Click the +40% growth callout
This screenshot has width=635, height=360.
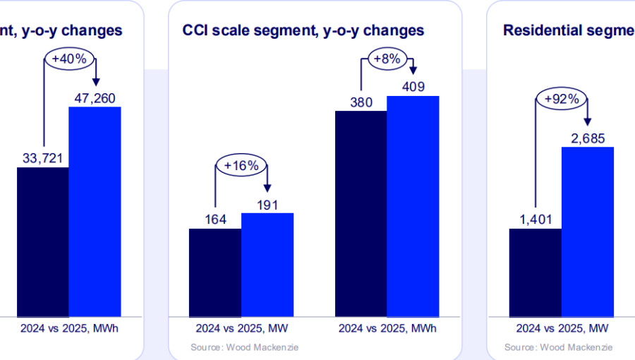70,59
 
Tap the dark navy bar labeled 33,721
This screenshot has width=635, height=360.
42,241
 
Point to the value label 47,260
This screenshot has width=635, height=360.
95,96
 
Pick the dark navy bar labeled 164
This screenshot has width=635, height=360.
215,271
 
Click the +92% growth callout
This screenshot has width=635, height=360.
562,100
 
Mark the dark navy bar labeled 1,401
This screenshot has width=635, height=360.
536,271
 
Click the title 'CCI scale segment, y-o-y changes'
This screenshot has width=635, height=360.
303,30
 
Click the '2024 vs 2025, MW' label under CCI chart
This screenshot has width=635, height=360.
241,328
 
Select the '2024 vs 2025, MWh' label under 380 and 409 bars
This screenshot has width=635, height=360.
387,328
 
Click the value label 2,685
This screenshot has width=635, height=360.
588,138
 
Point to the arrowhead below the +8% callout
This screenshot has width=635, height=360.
413,71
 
